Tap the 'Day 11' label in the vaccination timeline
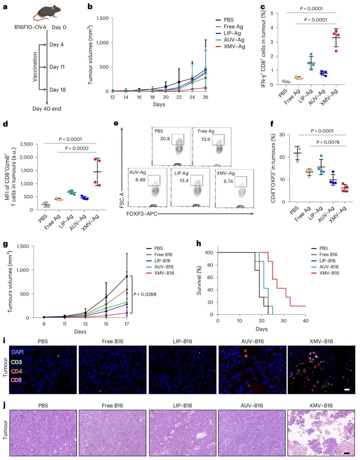pyautogui.click(x=57, y=67)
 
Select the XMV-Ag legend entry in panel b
pyautogui.click(x=234, y=46)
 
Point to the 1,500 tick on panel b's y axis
pyautogui.click(x=102, y=18)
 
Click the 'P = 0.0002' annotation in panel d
pyautogui.click(x=77, y=148)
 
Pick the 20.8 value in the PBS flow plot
pyautogui.click(x=165, y=139)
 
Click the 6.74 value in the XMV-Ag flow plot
pyautogui.click(x=228, y=181)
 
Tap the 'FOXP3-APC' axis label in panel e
pyautogui.click(x=142, y=214)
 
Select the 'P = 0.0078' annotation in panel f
pyautogui.click(x=328, y=142)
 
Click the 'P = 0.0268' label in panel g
pyautogui.click(x=145, y=294)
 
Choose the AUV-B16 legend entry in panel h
pyautogui.click(x=329, y=267)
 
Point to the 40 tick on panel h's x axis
pyautogui.click(x=305, y=321)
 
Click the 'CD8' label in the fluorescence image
pyautogui.click(x=16, y=380)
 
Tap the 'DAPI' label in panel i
pyautogui.click(x=17, y=352)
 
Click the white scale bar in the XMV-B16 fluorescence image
pyautogui.click(x=347, y=389)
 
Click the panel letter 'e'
pyautogui.click(x=116, y=123)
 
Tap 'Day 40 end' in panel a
pyautogui.click(x=47, y=109)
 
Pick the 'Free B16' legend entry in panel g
pyautogui.click(x=163, y=254)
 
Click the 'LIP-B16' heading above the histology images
pyautogui.click(x=182, y=405)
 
